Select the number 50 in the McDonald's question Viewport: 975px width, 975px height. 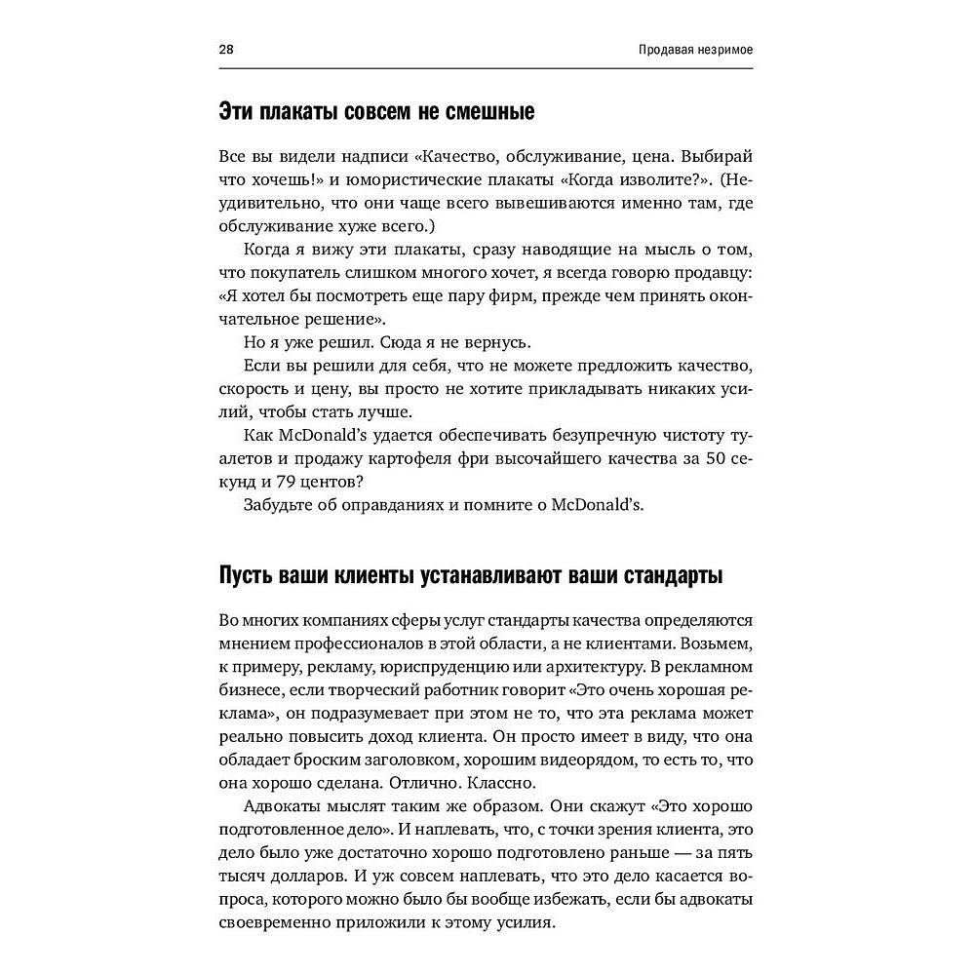pos(721,459)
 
